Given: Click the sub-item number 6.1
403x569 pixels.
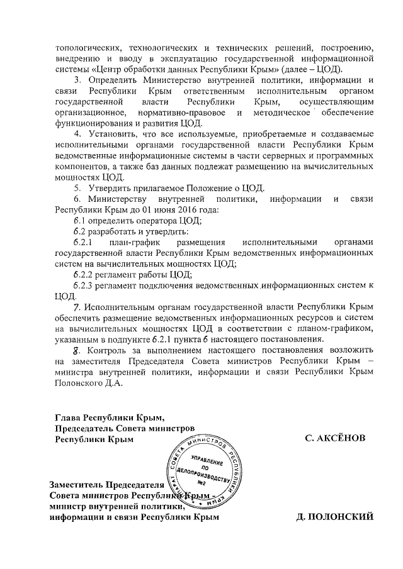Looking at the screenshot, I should [79, 219].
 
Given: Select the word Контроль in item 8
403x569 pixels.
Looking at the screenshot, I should [111, 350].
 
